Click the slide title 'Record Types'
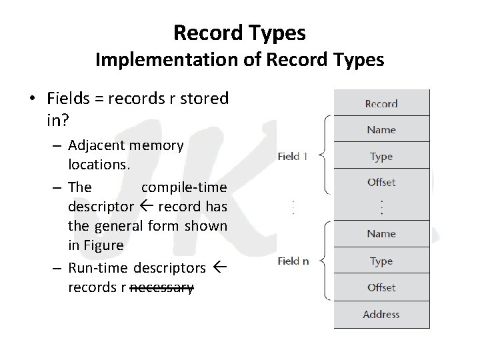(239, 32)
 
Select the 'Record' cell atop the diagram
(381, 103)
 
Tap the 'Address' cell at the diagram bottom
(381, 314)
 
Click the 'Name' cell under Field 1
(381, 130)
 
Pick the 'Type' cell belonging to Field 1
(381, 157)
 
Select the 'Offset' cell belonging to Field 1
(381, 182)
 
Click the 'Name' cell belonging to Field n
(381, 234)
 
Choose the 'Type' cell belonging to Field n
(381, 261)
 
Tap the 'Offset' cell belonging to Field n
(381, 287)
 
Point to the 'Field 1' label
(292, 157)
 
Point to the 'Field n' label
(293, 261)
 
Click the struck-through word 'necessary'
(161, 287)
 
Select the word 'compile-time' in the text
(183, 187)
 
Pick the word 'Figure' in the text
(104, 245)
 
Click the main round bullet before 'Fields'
(33, 99)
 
